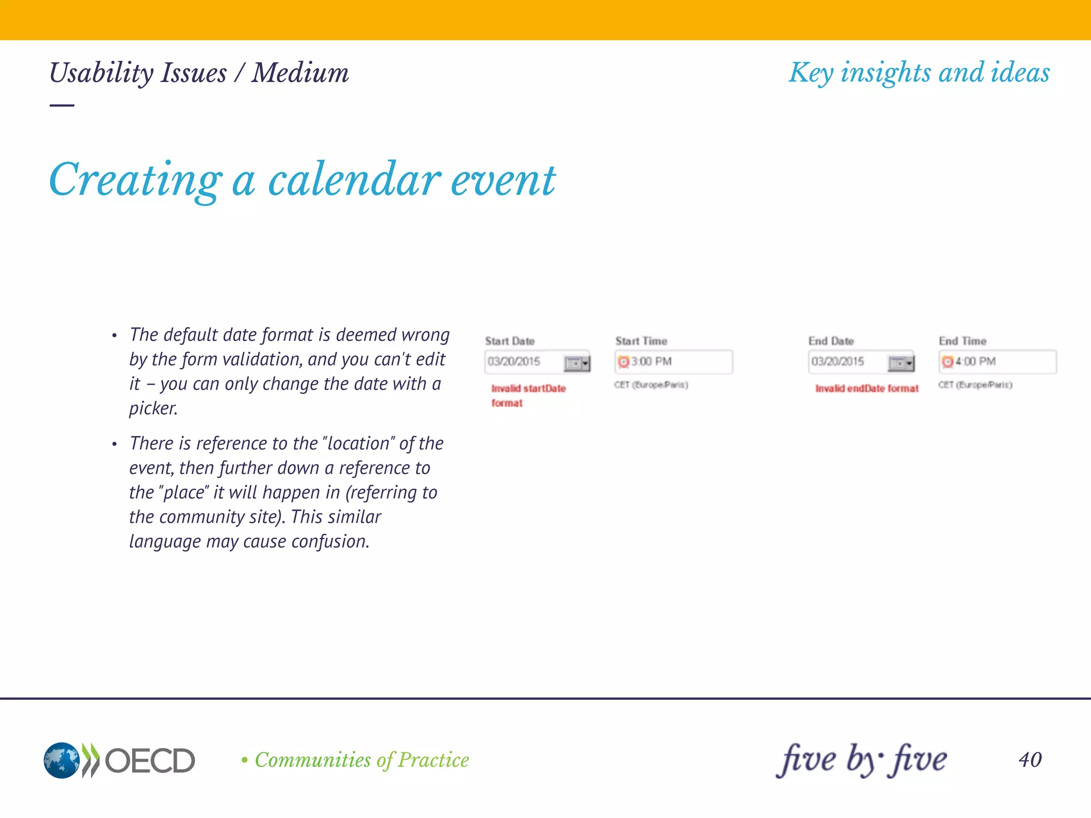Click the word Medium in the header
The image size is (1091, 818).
point(300,73)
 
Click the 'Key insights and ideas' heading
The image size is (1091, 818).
point(919,73)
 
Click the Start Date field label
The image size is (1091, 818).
point(509,341)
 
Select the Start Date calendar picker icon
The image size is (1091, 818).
point(577,363)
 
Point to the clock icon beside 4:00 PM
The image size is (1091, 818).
point(947,362)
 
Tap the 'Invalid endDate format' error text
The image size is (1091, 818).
point(867,388)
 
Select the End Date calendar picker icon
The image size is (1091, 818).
point(901,363)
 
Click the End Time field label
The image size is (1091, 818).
point(962,341)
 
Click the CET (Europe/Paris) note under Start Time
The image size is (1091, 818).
point(650,385)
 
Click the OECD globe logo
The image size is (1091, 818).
point(62,760)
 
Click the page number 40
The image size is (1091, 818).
point(1030,759)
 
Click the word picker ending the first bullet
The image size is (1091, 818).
point(153,408)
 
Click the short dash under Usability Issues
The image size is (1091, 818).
point(62,105)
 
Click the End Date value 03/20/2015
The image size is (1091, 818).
point(837,362)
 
